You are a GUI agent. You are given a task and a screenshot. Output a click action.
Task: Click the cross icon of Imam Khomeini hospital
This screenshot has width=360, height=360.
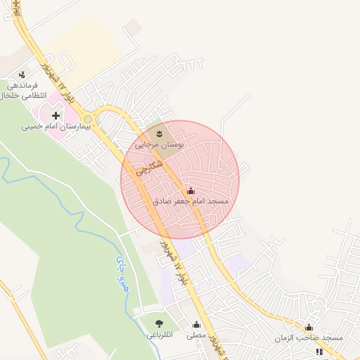pos(56,115)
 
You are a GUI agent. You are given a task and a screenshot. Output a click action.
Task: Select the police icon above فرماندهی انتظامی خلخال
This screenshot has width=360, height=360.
pos(22,73)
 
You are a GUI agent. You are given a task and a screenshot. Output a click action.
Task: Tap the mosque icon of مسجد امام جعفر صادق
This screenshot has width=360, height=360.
pos(191,191)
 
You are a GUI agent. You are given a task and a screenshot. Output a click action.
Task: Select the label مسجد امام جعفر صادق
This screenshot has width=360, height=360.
pos(191,202)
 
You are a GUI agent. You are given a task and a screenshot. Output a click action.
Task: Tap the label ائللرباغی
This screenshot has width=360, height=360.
pos(161,336)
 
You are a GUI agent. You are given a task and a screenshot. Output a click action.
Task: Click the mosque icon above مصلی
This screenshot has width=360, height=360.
pos(196,325)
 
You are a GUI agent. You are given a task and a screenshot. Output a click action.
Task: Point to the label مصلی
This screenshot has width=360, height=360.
pos(197,336)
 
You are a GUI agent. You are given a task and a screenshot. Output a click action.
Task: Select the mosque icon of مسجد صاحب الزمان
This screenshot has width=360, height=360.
pos(309,327)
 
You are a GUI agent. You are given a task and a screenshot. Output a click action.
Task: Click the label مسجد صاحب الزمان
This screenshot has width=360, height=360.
pos(309,338)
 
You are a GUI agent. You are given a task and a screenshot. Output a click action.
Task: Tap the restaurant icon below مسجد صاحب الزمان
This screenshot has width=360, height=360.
pos(319,351)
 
